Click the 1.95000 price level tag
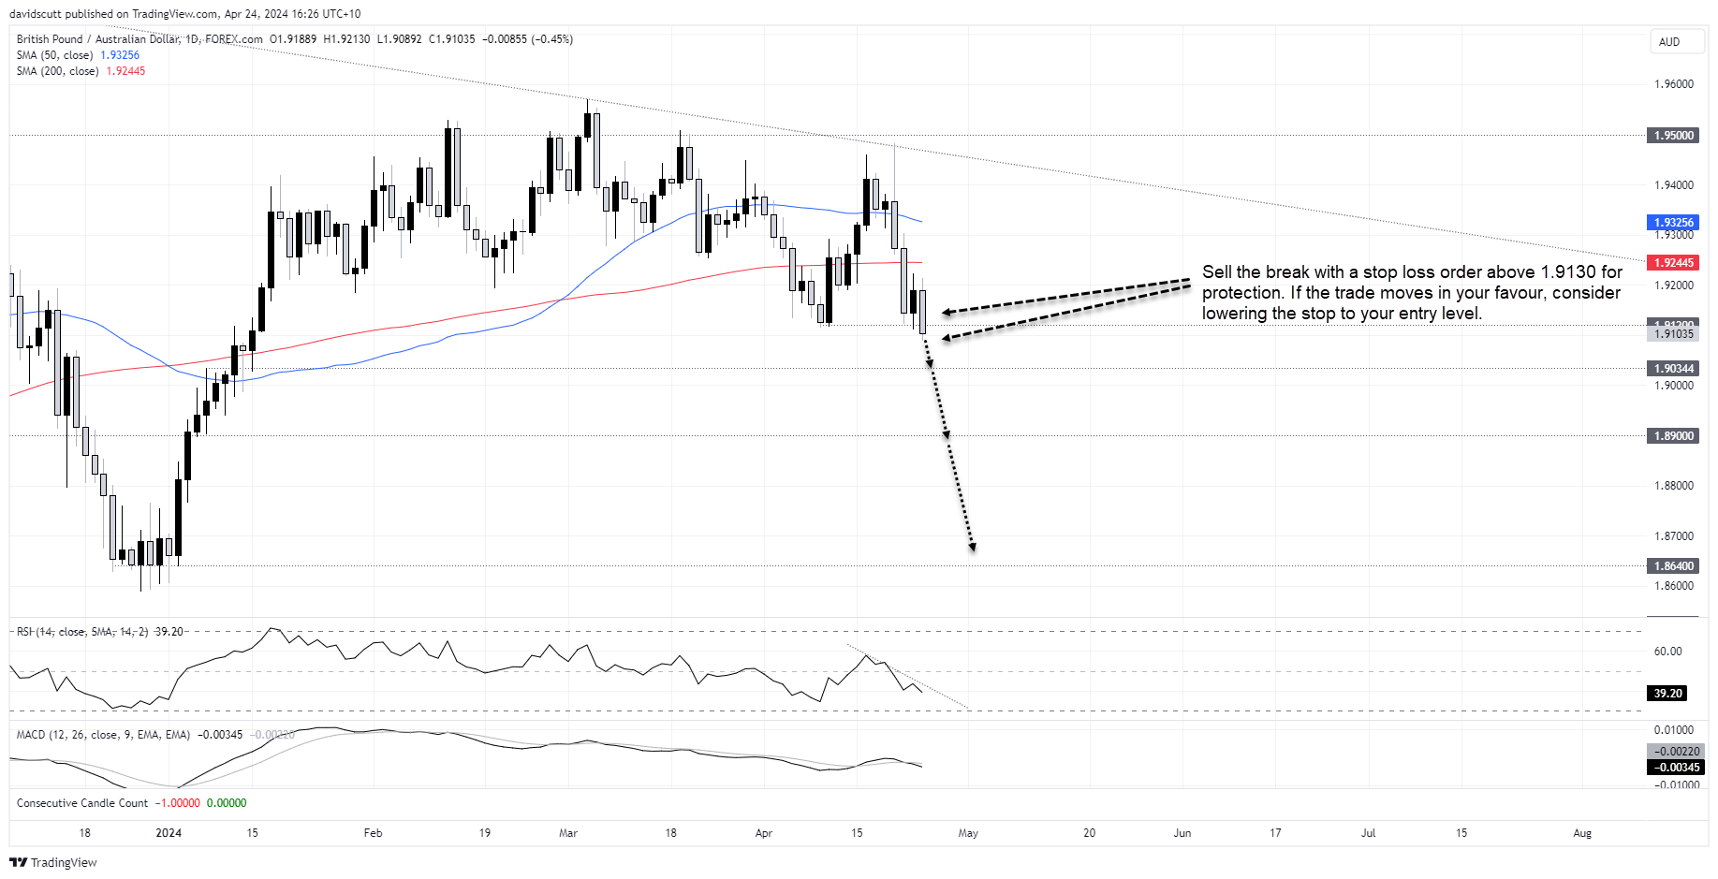point(1673,136)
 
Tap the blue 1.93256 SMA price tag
point(1673,223)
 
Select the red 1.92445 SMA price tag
point(1673,263)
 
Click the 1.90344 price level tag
point(1673,369)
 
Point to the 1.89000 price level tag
point(1673,436)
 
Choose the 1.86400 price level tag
point(1673,566)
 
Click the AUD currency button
point(1669,42)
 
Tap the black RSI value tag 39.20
point(1667,694)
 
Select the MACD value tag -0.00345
point(1673,768)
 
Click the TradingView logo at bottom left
point(53,862)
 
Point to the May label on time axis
point(968,833)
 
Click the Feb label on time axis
point(373,833)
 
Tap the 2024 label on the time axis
point(169,833)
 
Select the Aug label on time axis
point(1582,833)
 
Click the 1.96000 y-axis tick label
point(1674,84)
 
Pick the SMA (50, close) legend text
point(54,55)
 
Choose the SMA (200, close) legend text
point(57,71)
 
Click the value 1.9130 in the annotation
point(1567,272)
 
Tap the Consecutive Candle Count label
point(82,803)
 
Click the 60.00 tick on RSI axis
point(1667,652)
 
